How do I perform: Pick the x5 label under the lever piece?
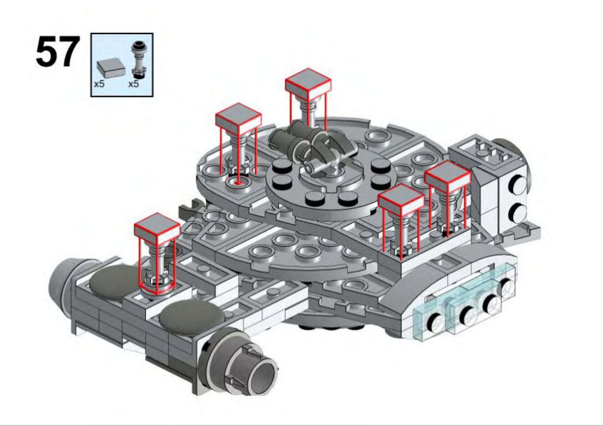[x=133, y=84]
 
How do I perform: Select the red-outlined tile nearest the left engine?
[x=157, y=225]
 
